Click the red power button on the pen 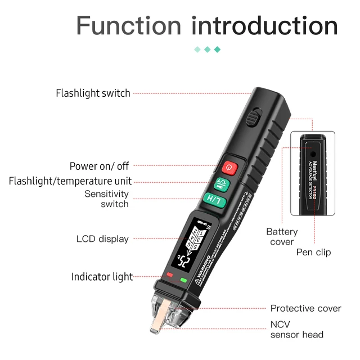pos(229,166)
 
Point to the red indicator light pos(170,275)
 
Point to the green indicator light pos(183,280)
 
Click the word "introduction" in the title pos(265,26)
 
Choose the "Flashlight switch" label pos(93,93)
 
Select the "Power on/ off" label pos(99,166)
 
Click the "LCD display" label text pos(102,239)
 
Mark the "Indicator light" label pos(102,277)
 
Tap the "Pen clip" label pos(314,252)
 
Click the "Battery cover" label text pos(282,236)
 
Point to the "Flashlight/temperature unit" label pos(70,181)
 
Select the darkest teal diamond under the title pos(217,49)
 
